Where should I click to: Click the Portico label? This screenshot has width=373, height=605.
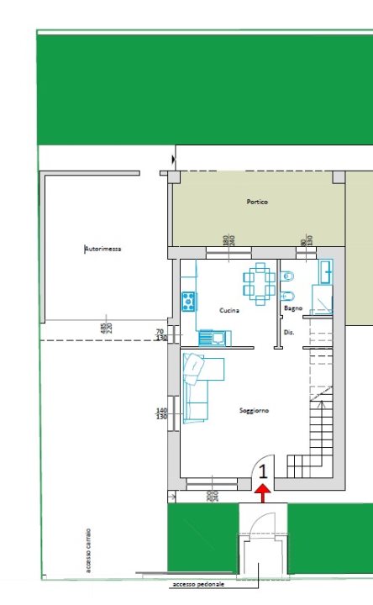click(258, 203)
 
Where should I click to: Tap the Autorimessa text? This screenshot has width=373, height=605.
click(103, 250)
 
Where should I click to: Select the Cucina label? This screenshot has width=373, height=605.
click(229, 311)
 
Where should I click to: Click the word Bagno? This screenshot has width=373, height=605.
click(293, 308)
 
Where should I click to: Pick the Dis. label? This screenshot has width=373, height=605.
click(289, 333)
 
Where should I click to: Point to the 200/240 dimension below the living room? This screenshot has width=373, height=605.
click(211, 497)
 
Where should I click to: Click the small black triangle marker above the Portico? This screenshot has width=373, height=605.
click(174, 158)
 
